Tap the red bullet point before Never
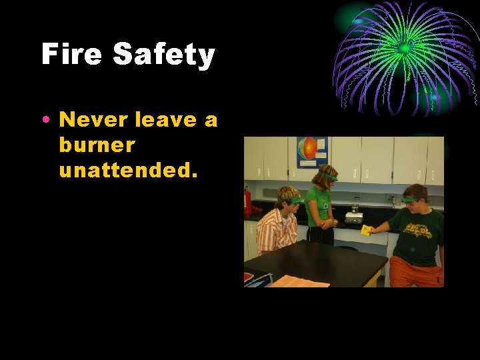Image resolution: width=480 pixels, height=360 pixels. click(x=45, y=121)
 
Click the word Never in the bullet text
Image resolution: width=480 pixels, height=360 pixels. click(x=93, y=120)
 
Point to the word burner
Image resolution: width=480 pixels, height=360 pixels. click(x=97, y=145)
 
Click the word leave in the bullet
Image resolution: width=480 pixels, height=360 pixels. click(x=160, y=120)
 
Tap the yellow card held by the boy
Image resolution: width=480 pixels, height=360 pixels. click(x=366, y=230)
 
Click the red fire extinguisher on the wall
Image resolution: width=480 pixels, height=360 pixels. click(x=247, y=199)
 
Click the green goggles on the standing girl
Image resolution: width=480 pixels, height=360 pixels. click(x=328, y=177)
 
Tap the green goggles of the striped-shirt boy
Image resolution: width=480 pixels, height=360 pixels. click(x=292, y=200)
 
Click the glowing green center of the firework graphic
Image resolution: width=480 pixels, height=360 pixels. click(x=404, y=49)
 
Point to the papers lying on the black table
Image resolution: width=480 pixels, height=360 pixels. click(x=300, y=281)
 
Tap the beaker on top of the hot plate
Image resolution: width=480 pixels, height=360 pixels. click(x=354, y=207)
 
